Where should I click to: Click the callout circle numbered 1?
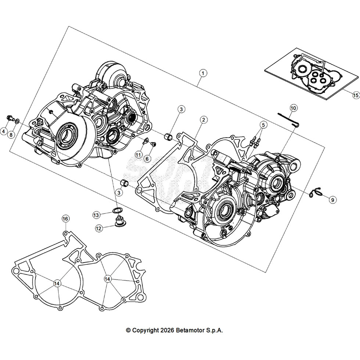click(203, 73)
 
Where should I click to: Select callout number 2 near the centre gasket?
click(204, 120)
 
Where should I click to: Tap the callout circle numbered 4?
click(3, 132)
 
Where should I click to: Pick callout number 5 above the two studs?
click(263, 125)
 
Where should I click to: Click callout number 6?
click(147, 158)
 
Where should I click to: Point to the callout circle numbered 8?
click(11, 135)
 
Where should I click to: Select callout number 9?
click(332, 200)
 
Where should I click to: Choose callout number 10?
click(294, 108)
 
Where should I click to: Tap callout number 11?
click(138, 155)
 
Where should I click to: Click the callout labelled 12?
click(99, 228)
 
